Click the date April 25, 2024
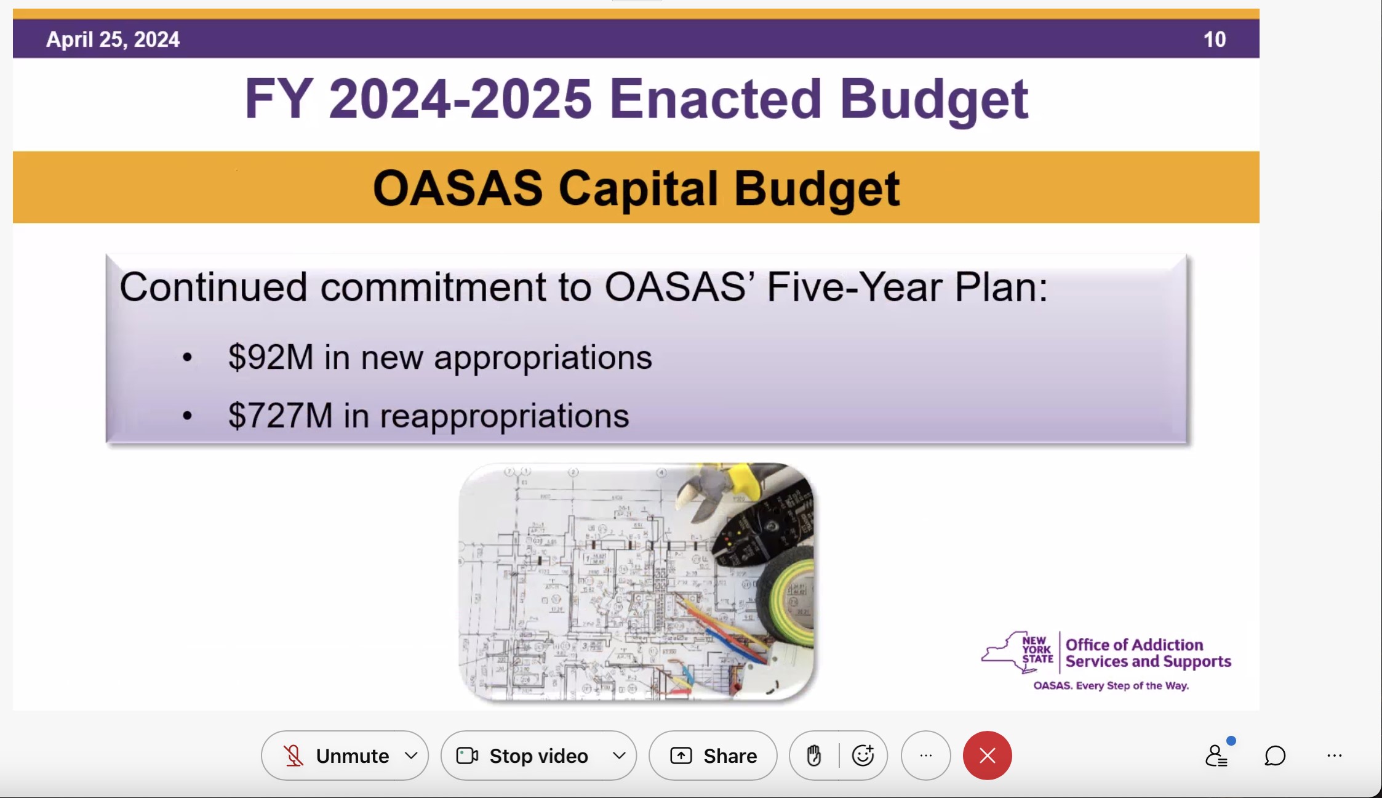point(113,39)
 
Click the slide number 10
point(1214,39)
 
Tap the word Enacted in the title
point(715,99)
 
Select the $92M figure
point(271,357)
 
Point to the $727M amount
point(280,416)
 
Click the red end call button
point(987,756)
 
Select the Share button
point(713,756)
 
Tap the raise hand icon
point(814,756)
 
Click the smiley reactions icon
point(863,755)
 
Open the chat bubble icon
point(1275,756)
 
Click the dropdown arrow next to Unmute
point(411,756)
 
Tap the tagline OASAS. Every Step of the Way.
point(1111,686)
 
